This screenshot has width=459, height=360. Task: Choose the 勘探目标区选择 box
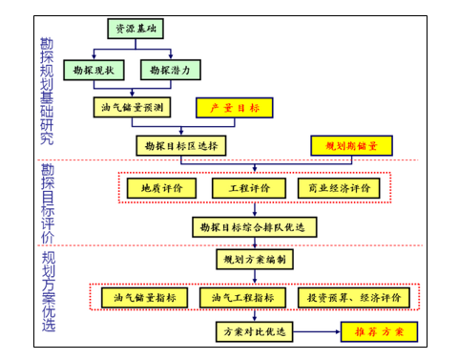coord(181,145)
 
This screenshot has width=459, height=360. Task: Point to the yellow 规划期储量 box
coord(352,145)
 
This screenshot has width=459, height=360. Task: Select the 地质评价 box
coord(155,187)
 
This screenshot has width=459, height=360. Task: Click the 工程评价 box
coord(249,187)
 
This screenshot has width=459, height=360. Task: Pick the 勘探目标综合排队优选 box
coord(256,226)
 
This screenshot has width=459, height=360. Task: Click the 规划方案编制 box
coord(253,260)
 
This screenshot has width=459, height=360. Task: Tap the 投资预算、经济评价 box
coord(354,297)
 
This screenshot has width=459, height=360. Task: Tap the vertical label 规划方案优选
coord(48,291)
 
